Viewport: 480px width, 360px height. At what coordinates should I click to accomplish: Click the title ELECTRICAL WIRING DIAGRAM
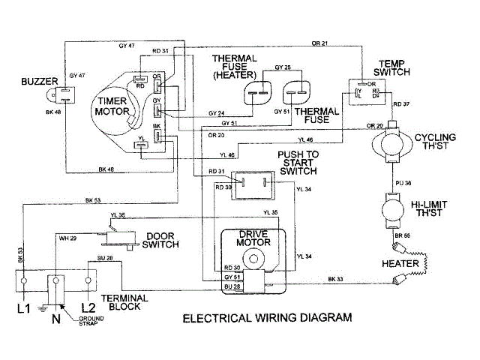pos(268,318)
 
